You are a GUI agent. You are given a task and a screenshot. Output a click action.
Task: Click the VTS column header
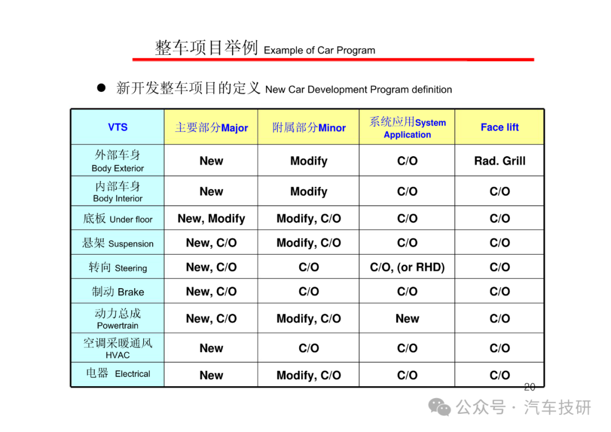point(118,127)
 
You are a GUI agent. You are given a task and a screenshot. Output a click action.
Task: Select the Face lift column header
point(500,127)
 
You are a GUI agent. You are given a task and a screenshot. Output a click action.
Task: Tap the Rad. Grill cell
point(500,161)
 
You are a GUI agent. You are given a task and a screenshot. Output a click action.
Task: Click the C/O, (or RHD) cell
point(407,267)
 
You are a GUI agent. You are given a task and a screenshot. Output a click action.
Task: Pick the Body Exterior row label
point(118,161)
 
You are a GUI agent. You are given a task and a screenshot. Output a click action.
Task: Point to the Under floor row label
point(118,219)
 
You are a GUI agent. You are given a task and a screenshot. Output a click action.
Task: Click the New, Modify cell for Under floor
point(211,219)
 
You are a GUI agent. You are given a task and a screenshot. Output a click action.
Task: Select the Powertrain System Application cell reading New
point(407,319)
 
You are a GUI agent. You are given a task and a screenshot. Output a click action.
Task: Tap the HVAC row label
point(118,348)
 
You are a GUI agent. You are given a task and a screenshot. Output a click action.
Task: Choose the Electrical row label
point(118,374)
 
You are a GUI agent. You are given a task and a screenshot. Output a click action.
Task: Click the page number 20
point(530,387)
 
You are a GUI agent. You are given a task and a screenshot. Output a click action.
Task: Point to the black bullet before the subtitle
point(101,88)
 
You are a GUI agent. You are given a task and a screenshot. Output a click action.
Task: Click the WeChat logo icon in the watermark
point(440,408)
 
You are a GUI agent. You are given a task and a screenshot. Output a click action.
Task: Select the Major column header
point(211,127)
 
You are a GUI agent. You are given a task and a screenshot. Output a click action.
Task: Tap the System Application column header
point(407,127)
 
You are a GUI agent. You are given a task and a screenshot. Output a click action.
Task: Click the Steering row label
point(118,267)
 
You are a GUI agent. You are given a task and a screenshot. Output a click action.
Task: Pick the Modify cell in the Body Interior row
point(309,191)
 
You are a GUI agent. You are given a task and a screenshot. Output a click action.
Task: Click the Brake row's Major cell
point(211,292)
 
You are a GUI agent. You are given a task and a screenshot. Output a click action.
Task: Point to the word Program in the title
point(356,50)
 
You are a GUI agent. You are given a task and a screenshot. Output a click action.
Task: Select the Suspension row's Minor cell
point(309,243)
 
